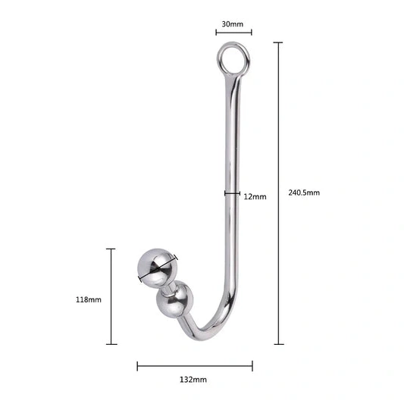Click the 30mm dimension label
[233, 24]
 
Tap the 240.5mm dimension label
[304, 193]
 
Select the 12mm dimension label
[255, 197]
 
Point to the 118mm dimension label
[89, 299]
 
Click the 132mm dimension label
[193, 380]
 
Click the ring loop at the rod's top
[218, 58]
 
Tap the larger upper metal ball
[158, 268]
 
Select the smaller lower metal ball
[175, 300]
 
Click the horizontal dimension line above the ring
[233, 33]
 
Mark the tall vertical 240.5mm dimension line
[278, 193]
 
